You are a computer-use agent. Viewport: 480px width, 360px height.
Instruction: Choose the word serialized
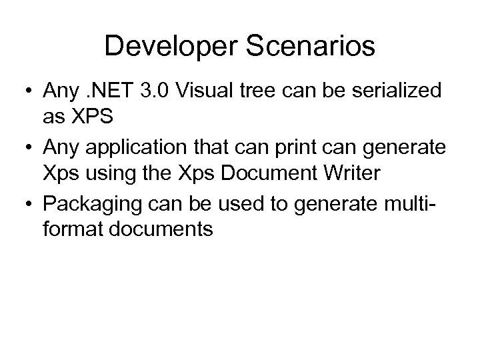tap(403, 92)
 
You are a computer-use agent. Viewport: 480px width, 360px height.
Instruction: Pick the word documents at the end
tap(172, 230)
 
